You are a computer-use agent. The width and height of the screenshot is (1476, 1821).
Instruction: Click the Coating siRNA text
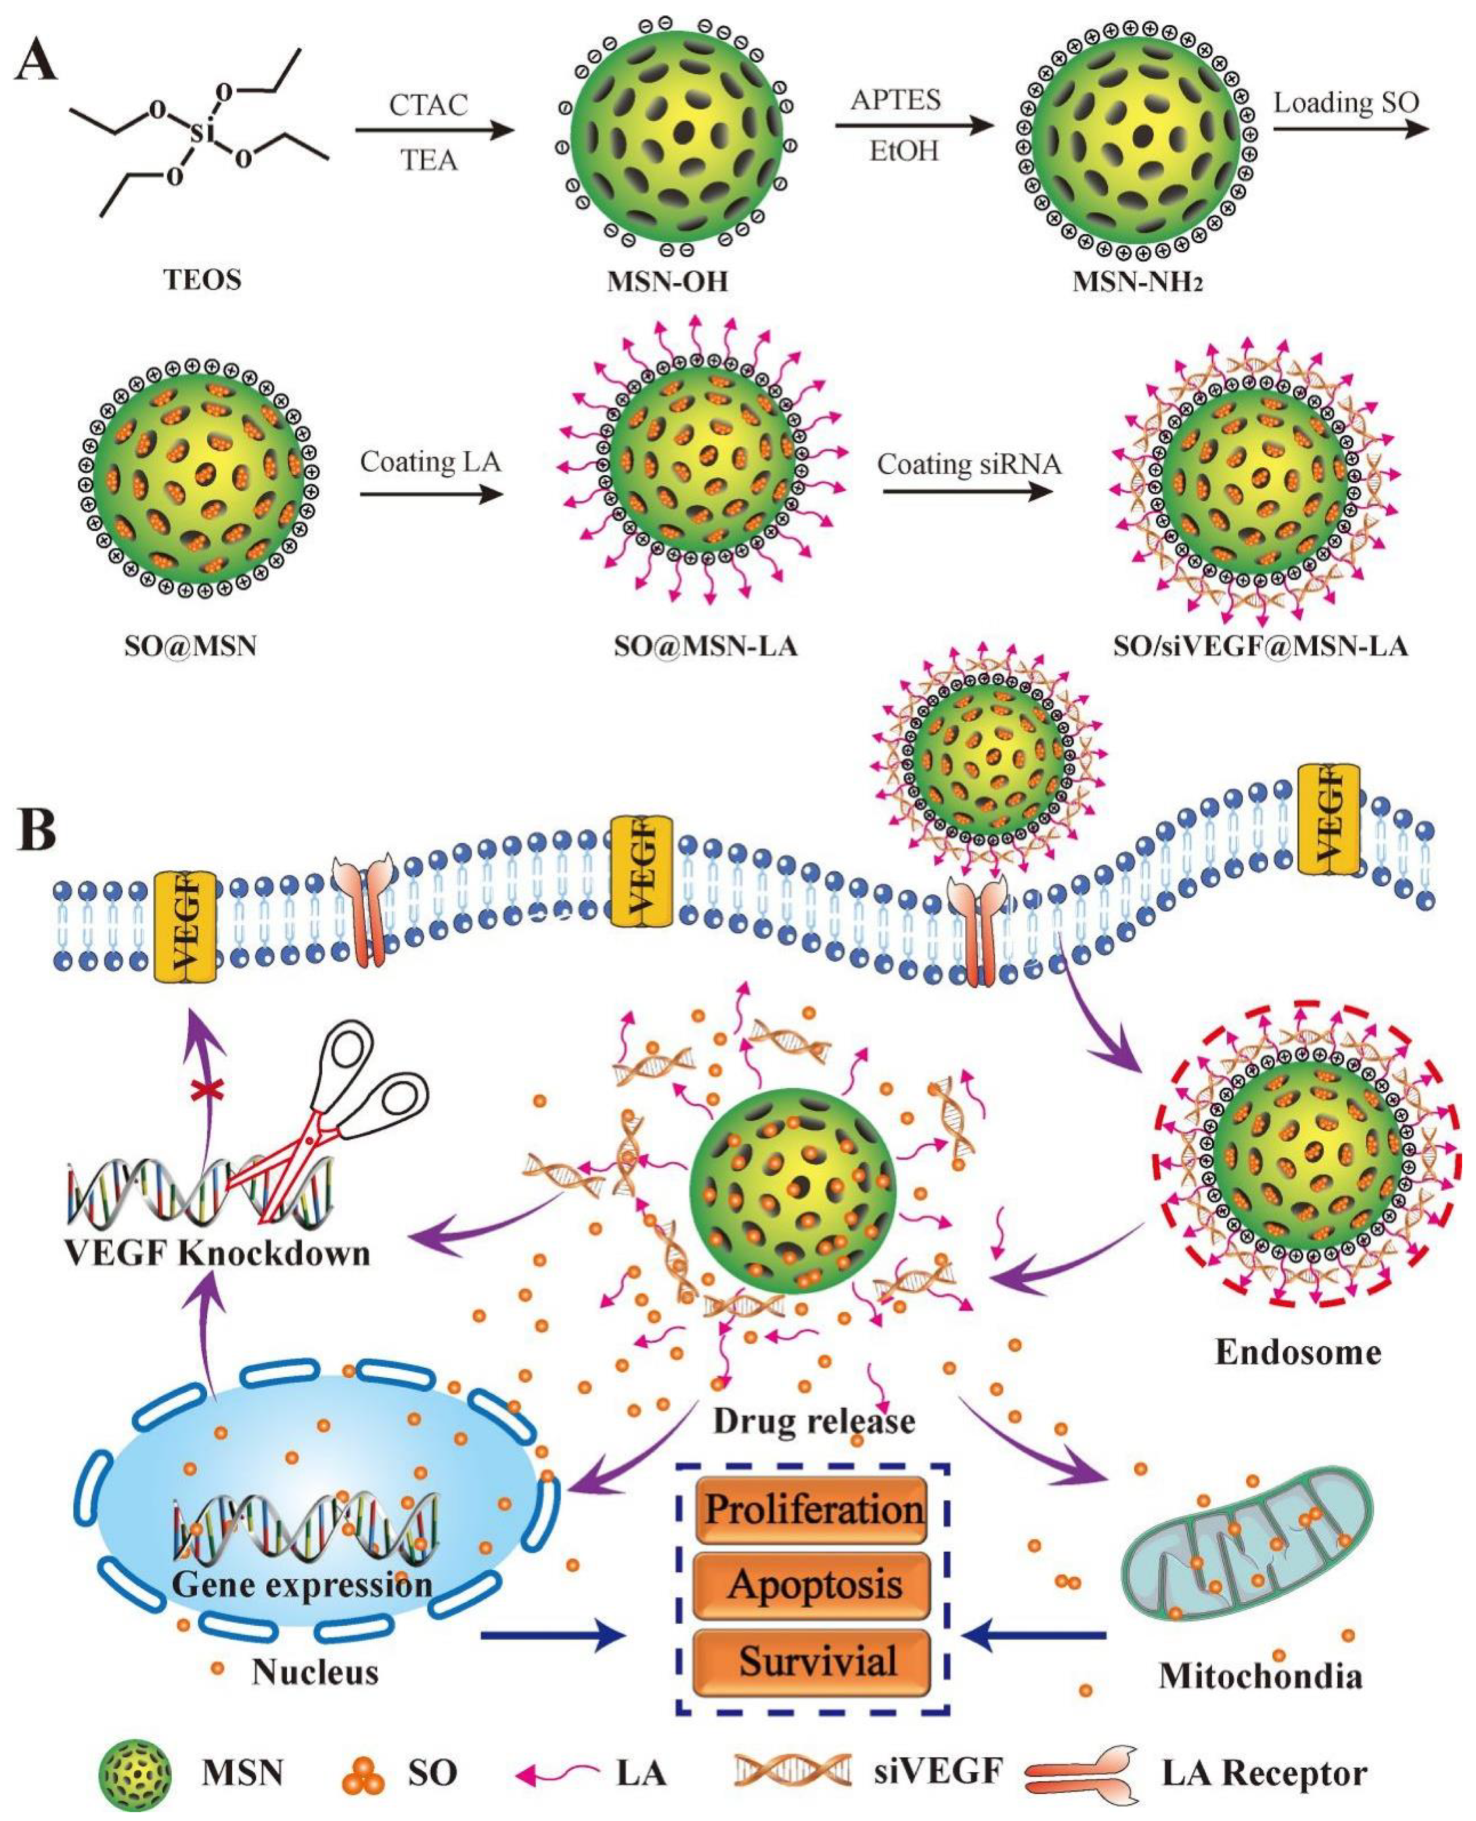point(969,464)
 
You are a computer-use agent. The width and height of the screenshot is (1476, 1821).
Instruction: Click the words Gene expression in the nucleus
point(302,1584)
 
